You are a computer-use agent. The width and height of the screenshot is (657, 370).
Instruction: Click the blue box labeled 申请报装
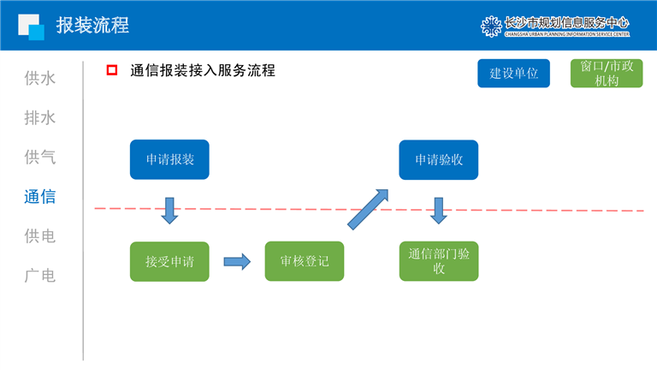click(169, 159)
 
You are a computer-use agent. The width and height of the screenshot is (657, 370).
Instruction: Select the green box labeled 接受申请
click(169, 261)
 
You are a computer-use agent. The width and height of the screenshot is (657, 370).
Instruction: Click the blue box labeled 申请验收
click(439, 159)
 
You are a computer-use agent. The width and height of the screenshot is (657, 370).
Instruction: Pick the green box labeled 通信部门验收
click(439, 261)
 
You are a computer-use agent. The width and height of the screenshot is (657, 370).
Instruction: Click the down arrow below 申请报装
click(169, 210)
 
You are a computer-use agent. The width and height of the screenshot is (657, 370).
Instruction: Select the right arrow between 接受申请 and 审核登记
click(237, 261)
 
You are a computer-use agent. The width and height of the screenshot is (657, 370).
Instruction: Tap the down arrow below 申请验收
click(439, 210)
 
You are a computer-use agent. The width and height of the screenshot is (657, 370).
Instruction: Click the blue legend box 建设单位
click(513, 73)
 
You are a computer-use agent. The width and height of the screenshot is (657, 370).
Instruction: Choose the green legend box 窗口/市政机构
click(606, 73)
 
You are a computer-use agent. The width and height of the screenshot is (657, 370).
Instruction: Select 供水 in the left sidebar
click(40, 79)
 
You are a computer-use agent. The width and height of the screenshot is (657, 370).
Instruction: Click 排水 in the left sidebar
click(40, 118)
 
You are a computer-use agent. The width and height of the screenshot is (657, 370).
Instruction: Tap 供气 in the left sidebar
click(40, 158)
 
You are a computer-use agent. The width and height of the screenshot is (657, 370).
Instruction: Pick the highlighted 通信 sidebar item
click(40, 197)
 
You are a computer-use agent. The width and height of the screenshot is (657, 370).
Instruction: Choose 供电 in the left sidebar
click(40, 236)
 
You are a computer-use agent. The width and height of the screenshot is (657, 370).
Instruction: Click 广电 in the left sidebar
click(40, 276)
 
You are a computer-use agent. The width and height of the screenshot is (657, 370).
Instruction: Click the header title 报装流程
click(92, 26)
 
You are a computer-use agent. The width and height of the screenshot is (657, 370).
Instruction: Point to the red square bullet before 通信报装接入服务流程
click(111, 71)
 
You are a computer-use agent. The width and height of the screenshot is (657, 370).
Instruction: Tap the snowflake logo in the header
click(491, 26)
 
